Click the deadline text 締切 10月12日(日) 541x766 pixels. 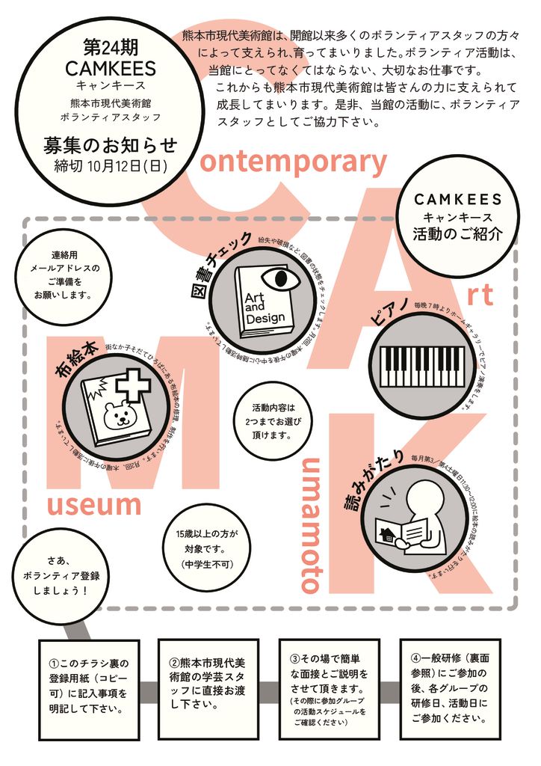[x=110, y=165]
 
